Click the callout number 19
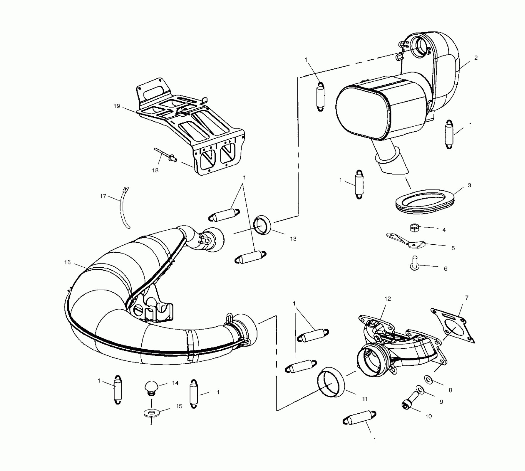[x=117, y=106]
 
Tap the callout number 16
[x=67, y=262]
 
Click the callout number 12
[x=388, y=299]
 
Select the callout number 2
[x=476, y=58]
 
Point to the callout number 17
[x=103, y=196]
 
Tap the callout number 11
[x=365, y=399]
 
